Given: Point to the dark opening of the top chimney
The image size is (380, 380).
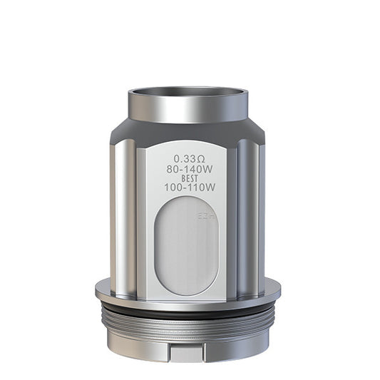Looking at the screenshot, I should [x=188, y=93].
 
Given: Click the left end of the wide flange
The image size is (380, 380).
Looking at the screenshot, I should [x=101, y=289].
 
